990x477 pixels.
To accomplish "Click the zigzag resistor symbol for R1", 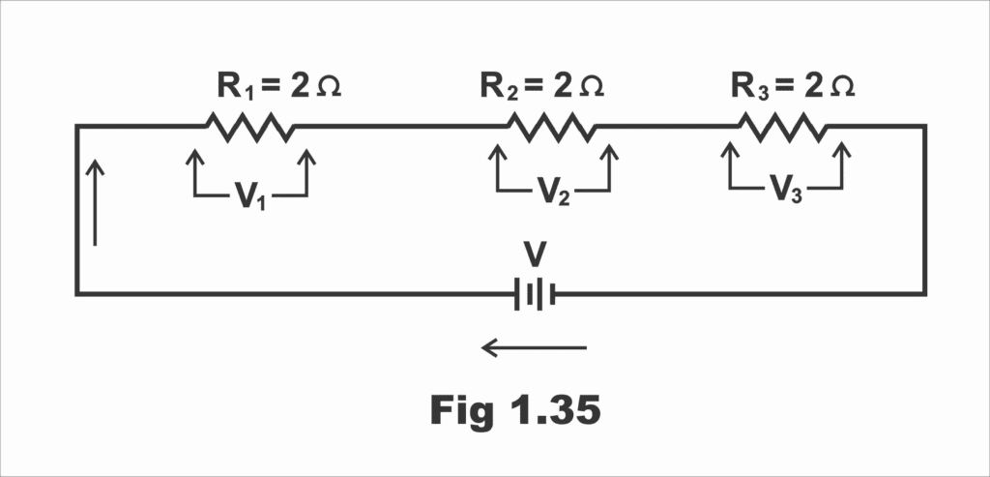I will [x=249, y=127].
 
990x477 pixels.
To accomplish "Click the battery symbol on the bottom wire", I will [x=535, y=294].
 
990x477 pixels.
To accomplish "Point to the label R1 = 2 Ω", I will [x=278, y=86].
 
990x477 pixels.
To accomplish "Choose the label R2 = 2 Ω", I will [x=541, y=86].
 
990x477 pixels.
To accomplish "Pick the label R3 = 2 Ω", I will [x=792, y=86].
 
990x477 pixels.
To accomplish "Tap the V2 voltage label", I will [x=553, y=193].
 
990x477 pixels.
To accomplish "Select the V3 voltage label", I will [x=785, y=189].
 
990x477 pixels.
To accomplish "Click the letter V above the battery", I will [x=535, y=255].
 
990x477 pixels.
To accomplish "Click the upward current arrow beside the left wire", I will [x=95, y=202].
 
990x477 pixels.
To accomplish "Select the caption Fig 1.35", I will [x=514, y=410].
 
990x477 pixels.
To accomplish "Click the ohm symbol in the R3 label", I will [x=841, y=87].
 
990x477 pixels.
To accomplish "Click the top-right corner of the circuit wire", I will [x=924, y=126].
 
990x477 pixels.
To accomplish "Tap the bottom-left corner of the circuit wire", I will [x=76, y=294].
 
